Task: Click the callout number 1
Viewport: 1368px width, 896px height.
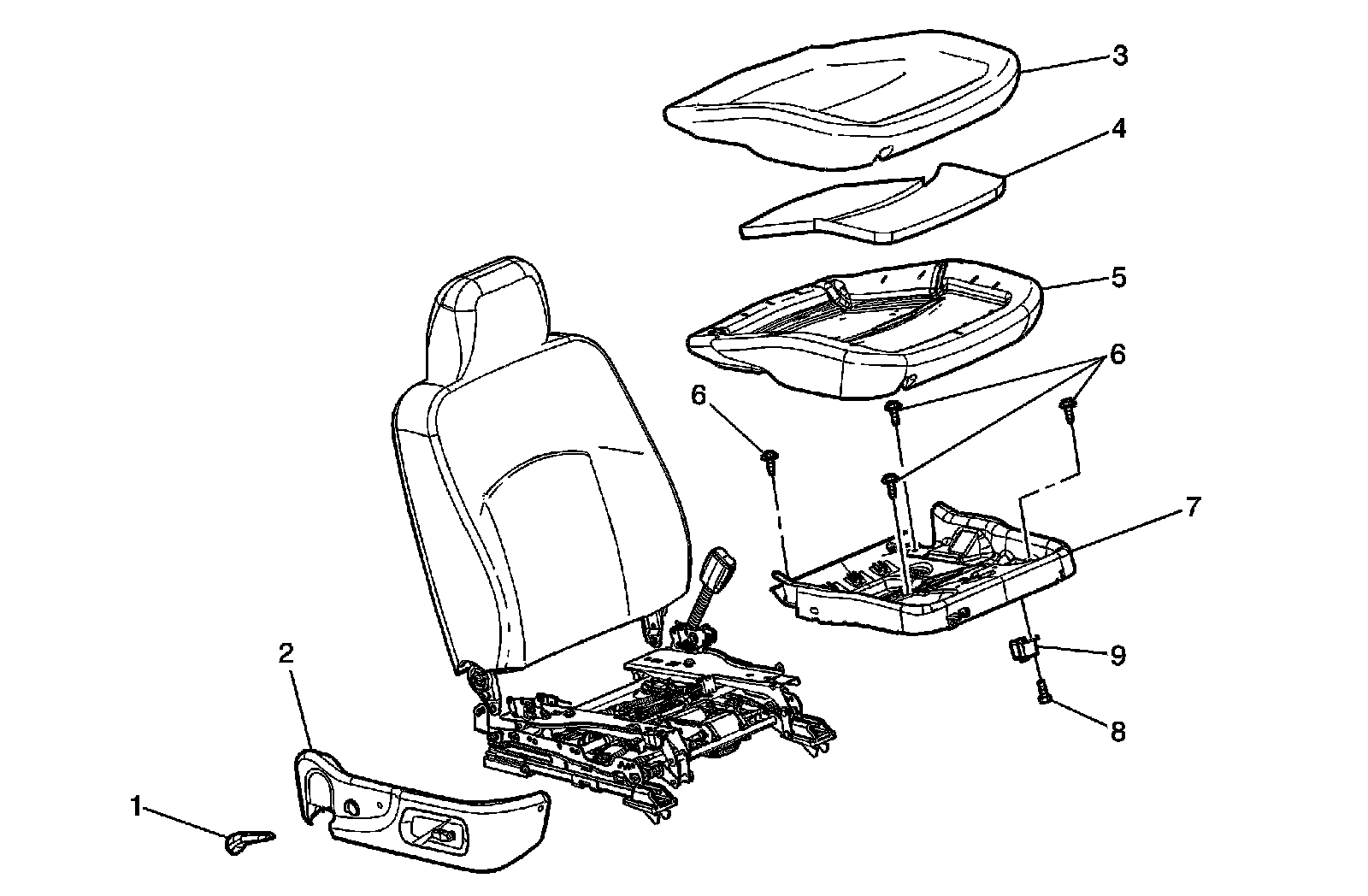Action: (x=135, y=805)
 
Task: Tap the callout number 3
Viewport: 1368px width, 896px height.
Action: (x=1119, y=56)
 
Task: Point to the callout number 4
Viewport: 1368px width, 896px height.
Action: (x=1119, y=130)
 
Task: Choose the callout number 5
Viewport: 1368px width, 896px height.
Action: (x=1119, y=278)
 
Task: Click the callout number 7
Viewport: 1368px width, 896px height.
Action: (x=1193, y=506)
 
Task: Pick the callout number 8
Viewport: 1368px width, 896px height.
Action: (x=1118, y=732)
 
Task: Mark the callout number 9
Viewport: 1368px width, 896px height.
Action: (x=1118, y=656)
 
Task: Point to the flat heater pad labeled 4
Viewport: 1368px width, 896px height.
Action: (x=872, y=205)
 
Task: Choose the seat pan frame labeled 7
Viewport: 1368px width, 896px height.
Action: (x=923, y=581)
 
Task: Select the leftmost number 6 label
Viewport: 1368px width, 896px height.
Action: (x=699, y=396)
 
